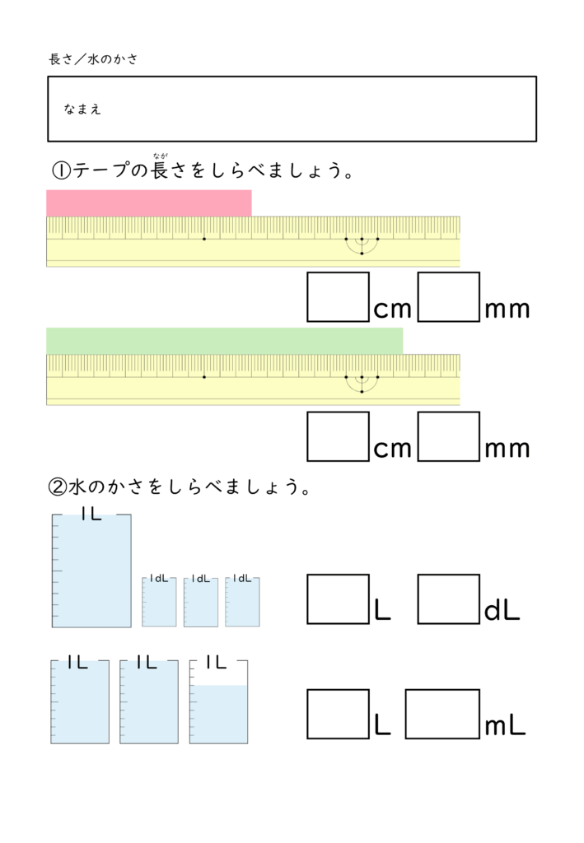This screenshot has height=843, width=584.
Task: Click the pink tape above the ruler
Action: pos(149,203)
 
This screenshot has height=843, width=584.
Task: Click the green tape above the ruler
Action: pos(224,341)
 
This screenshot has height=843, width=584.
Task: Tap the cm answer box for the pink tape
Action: pos(338,297)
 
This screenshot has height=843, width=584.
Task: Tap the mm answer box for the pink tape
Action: pos(449,297)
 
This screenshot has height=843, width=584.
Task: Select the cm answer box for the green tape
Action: pos(338,436)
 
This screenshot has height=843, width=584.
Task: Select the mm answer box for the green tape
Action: pos(449,436)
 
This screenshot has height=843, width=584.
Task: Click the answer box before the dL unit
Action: pos(449,599)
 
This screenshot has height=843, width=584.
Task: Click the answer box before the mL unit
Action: pos(442,714)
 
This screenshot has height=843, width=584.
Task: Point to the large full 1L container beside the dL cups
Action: pos(91,571)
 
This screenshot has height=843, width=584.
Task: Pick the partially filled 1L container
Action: pos(218,702)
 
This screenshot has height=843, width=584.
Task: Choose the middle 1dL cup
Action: pos(201,602)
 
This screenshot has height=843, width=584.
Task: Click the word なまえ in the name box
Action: pos(82,109)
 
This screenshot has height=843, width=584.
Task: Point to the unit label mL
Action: pos(506,726)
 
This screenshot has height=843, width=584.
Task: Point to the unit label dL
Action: pos(502,611)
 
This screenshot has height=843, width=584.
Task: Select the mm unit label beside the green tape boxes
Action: pos(507,449)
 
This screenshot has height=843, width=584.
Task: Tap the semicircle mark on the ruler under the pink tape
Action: pos(362,245)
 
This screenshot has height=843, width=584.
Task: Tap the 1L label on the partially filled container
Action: pos(217,661)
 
